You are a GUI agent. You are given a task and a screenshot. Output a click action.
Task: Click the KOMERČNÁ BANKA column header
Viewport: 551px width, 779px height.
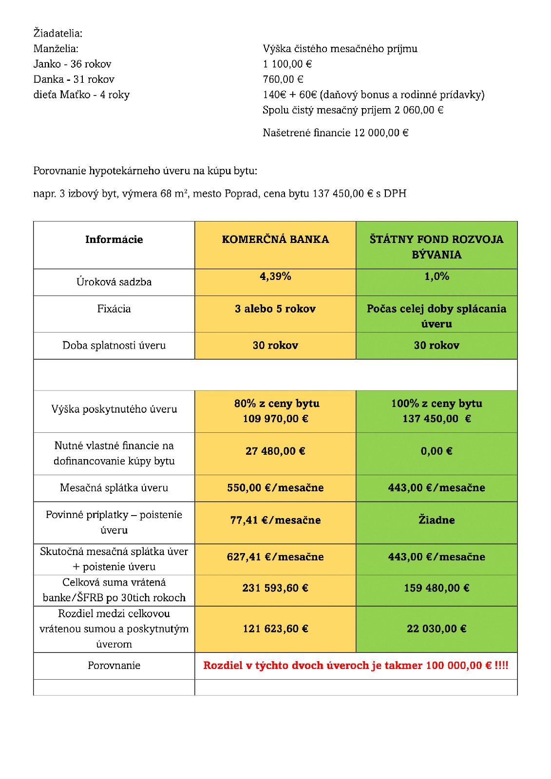[275, 240]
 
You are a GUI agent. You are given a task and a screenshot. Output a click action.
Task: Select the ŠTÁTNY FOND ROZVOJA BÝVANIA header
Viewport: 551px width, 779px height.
[436, 247]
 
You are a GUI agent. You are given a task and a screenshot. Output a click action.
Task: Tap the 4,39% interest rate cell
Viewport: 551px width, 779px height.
[275, 277]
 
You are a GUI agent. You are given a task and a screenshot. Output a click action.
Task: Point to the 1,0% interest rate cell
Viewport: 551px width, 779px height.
[437, 277]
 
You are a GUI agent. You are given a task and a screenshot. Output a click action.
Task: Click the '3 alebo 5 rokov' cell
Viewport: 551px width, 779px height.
[275, 309]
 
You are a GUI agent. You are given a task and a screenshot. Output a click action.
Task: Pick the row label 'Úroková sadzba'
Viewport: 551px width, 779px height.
[114, 282]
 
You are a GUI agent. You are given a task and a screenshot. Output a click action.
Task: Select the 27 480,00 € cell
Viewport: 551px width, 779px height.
[275, 451]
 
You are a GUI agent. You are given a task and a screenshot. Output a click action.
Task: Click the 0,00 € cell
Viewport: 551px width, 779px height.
[437, 451]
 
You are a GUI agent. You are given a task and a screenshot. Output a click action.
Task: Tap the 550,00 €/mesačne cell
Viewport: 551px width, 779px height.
[275, 488]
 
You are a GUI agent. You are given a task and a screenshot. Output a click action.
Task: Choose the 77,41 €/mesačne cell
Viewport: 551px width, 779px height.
[275, 520]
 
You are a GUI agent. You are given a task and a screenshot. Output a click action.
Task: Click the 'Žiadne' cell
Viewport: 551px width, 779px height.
[437, 520]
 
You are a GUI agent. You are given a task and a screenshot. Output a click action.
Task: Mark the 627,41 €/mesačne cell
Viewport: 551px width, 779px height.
[275, 556]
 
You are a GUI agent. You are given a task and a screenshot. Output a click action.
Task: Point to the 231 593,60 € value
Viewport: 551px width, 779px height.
[275, 588]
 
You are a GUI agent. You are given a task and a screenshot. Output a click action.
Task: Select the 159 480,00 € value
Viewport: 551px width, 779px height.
[437, 588]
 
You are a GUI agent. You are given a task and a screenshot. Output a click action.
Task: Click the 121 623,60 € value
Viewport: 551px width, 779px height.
[275, 629]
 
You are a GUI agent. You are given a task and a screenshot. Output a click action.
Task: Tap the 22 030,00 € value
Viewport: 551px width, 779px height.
[437, 629]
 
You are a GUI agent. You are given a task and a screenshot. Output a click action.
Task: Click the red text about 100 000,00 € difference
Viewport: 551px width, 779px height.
[356, 666]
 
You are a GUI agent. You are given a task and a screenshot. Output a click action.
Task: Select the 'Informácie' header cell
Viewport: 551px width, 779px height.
[114, 240]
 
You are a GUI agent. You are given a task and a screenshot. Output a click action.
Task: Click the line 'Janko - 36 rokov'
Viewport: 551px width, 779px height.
[72, 64]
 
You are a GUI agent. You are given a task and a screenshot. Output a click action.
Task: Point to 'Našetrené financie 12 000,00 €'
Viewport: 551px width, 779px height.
[335, 132]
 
